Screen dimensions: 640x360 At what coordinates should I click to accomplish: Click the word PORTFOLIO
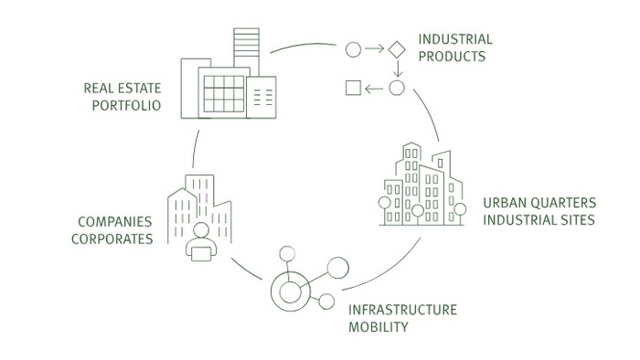[x=126, y=106]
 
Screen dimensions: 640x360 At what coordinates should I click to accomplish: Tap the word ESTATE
[x=140, y=88]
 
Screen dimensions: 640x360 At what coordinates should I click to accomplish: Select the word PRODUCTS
[x=452, y=57]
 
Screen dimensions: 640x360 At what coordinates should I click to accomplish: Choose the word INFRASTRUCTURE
[x=402, y=310]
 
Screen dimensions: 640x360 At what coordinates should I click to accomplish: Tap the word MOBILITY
[x=378, y=327]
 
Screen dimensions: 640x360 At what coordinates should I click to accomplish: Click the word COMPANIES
[x=114, y=222]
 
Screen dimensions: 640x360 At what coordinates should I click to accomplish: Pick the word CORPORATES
[x=112, y=238]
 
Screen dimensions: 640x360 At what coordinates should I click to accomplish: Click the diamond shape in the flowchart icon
[x=396, y=49]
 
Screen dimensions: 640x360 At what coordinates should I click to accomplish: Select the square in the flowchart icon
[x=354, y=88]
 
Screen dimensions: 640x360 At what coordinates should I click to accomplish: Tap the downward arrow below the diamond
[x=398, y=69]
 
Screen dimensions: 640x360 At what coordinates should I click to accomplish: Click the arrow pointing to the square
[x=374, y=89]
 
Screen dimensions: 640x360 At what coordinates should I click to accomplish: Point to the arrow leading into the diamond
[x=374, y=49]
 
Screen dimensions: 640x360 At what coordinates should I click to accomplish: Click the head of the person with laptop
[x=201, y=230]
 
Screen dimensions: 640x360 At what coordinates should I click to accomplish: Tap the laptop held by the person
[x=201, y=254]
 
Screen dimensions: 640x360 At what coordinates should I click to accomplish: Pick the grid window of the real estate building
[x=224, y=94]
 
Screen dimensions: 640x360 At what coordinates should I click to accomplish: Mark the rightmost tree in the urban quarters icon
[x=460, y=209]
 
